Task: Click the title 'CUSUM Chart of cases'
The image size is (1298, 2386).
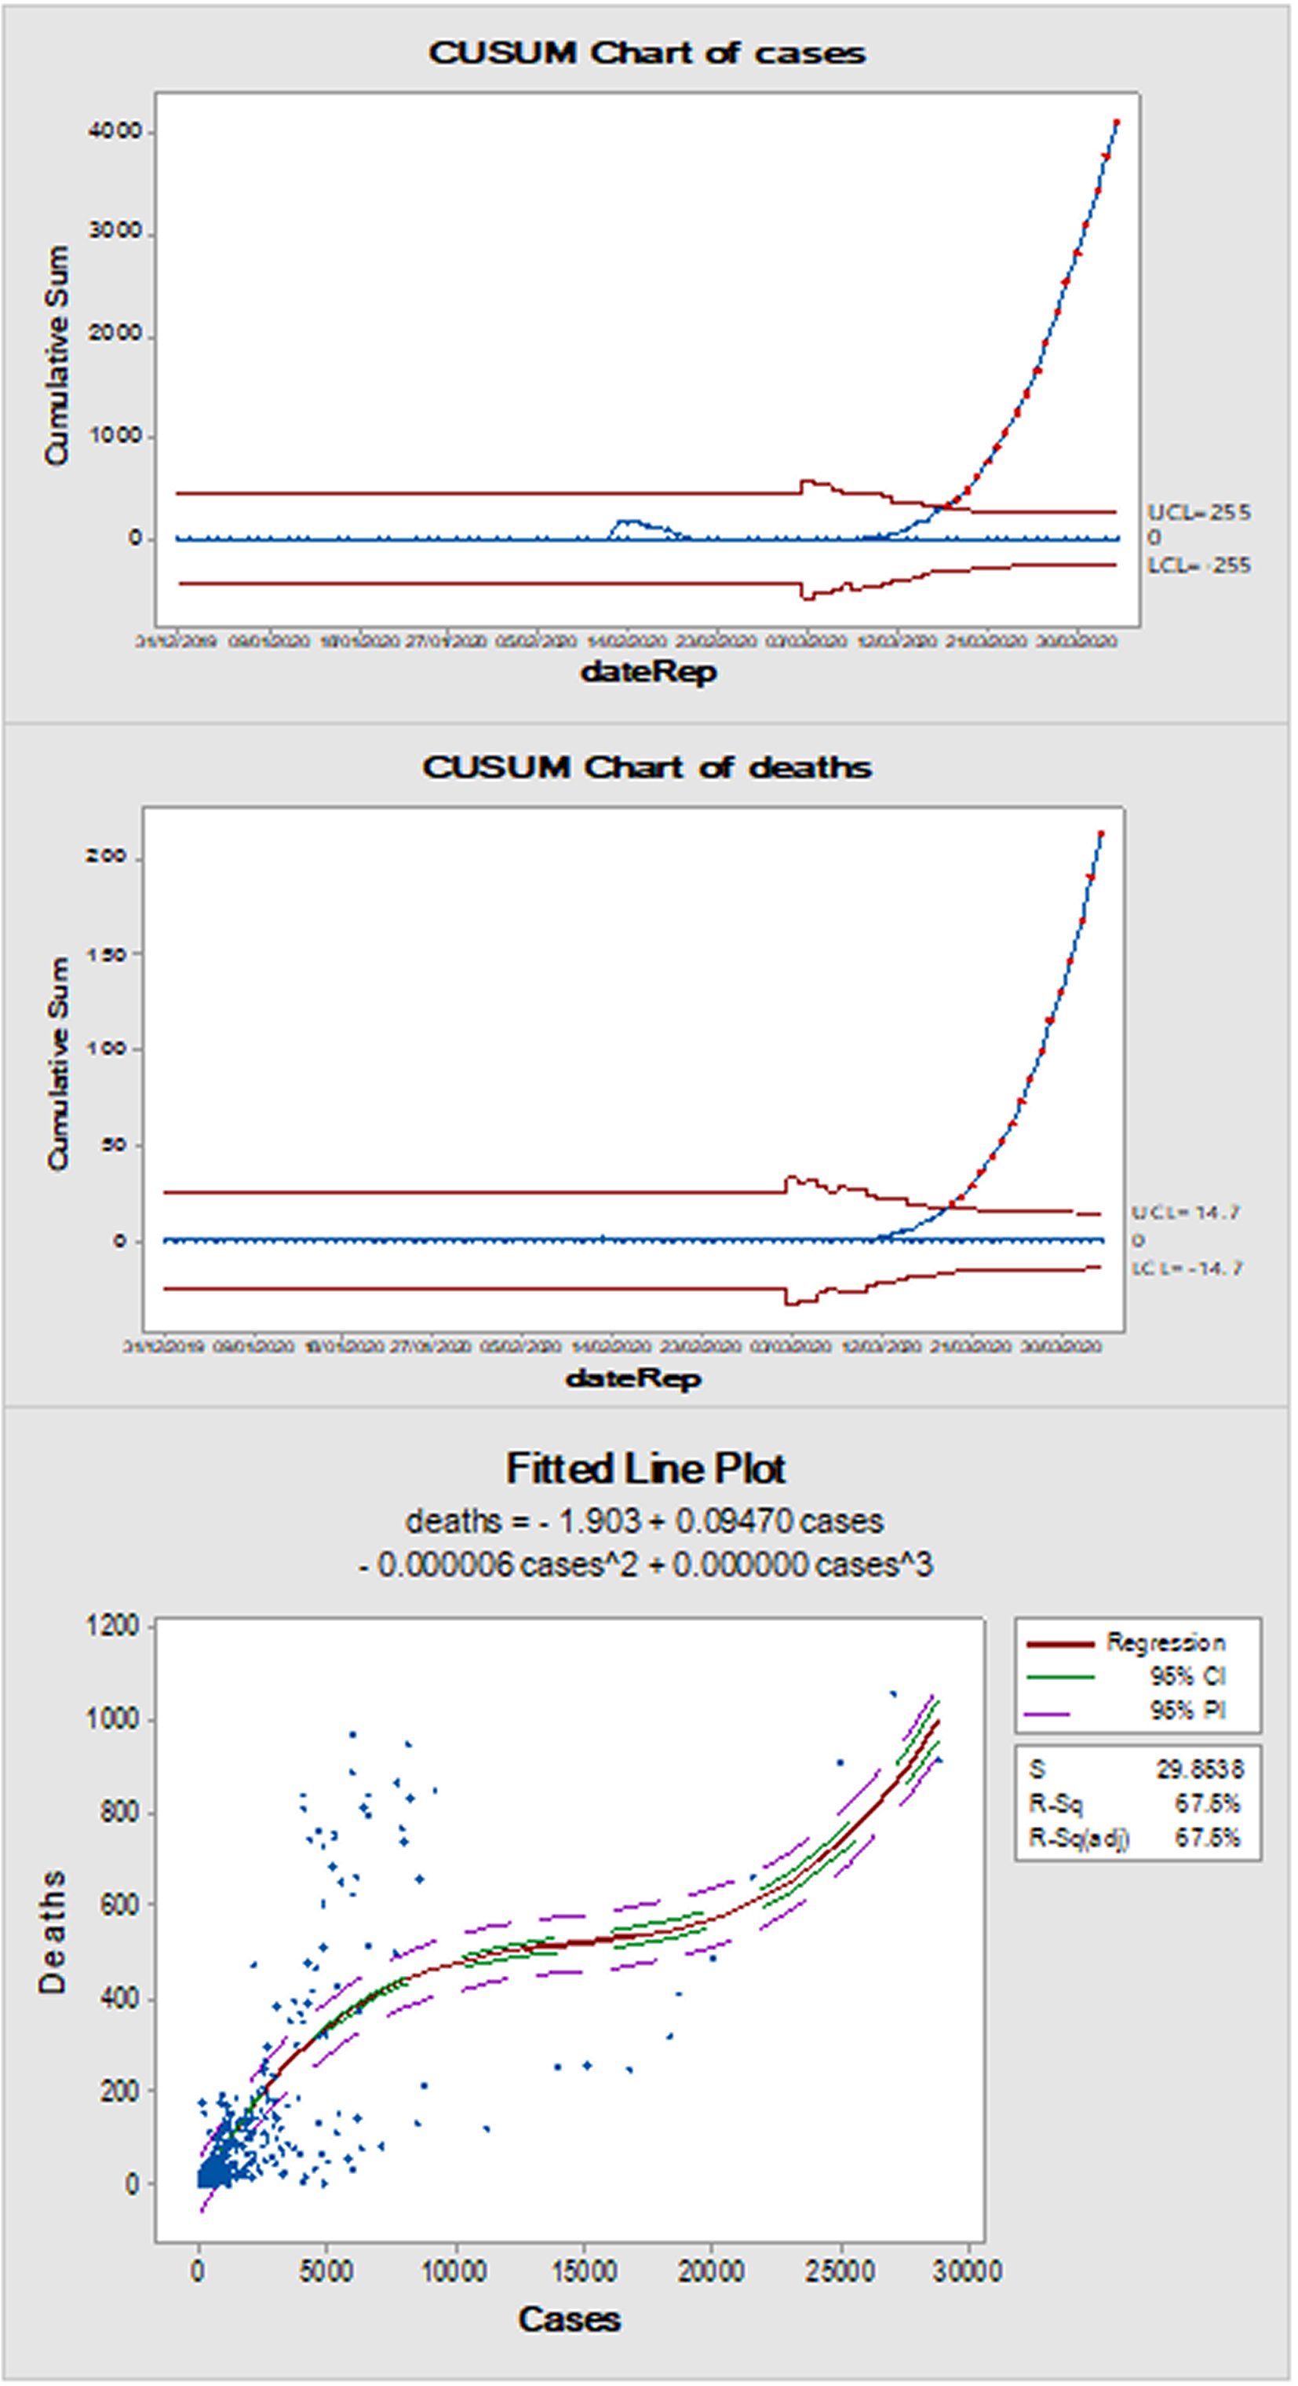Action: pos(647,53)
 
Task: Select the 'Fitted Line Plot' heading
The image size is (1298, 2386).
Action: pos(645,1469)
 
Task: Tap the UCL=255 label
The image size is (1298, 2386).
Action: pos(1199,512)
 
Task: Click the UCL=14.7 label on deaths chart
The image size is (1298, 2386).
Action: pos(1184,1213)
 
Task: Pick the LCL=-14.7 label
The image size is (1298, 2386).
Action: pos(1187,1268)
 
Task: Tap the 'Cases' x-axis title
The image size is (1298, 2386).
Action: pos(568,2319)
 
